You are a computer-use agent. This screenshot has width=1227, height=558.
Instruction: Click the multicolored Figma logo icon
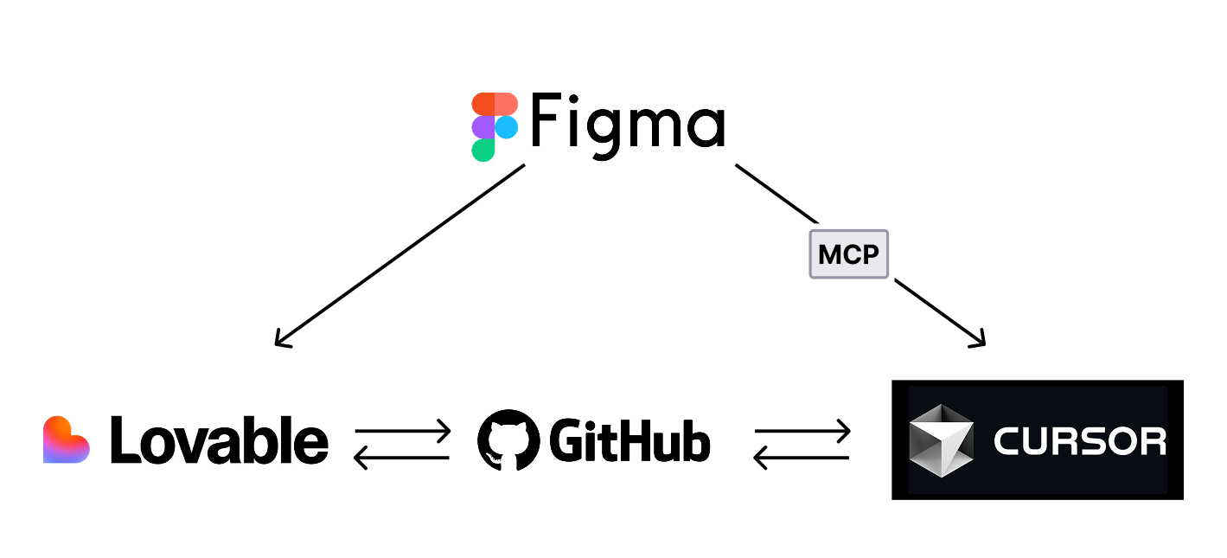click(x=495, y=127)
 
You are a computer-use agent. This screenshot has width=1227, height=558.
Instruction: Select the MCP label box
click(x=848, y=254)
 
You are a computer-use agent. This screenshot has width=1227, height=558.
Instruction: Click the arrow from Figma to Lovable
click(x=399, y=255)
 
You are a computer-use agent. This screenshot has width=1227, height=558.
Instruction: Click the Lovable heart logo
click(x=66, y=439)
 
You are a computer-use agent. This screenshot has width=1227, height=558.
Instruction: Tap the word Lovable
click(x=220, y=439)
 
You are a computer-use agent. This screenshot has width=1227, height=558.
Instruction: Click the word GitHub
click(x=629, y=440)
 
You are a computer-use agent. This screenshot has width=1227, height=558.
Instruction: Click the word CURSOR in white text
click(x=1079, y=441)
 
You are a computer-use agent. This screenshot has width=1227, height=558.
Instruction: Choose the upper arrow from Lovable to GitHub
click(x=403, y=430)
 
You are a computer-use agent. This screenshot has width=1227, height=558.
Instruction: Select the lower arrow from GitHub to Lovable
click(x=403, y=457)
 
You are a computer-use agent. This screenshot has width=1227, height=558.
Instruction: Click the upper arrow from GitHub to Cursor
click(x=802, y=430)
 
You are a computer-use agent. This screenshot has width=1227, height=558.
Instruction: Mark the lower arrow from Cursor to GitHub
click(x=802, y=457)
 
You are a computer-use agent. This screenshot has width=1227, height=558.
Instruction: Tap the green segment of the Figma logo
click(x=482, y=151)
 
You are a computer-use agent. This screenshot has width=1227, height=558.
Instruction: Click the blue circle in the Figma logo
click(x=507, y=127)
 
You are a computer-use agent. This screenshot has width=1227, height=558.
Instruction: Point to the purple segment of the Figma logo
click(x=482, y=127)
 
